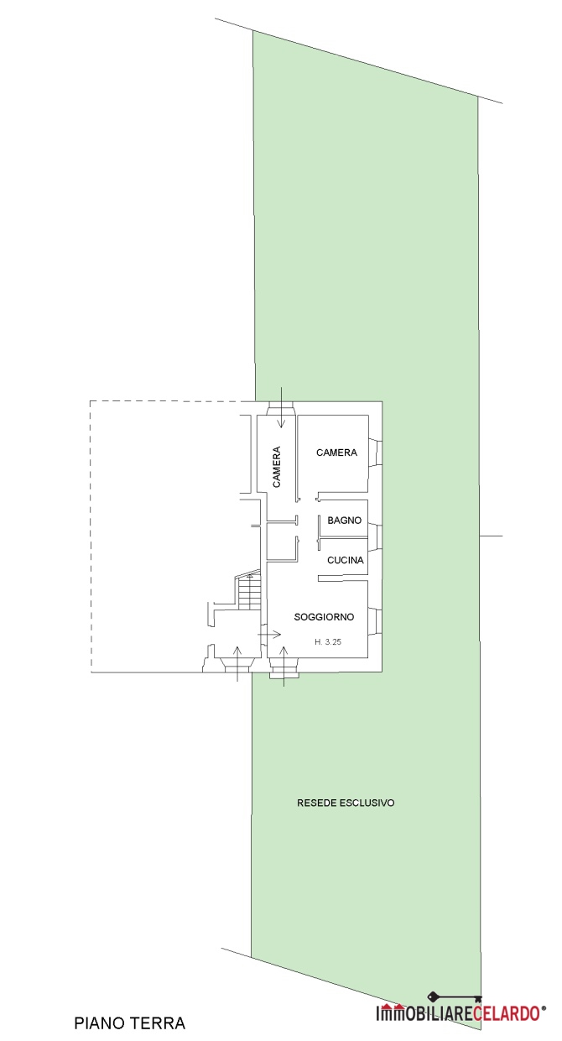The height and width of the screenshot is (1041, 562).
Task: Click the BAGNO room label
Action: (344, 520)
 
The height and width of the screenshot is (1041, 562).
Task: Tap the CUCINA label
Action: (345, 560)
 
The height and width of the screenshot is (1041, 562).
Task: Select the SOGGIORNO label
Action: (324, 617)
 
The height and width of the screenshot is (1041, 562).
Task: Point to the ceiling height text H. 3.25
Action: (328, 641)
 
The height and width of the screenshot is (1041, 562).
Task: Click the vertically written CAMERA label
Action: (276, 467)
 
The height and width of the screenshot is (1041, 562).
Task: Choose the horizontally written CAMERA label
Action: (336, 452)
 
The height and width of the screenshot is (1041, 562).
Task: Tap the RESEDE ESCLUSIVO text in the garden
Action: (346, 803)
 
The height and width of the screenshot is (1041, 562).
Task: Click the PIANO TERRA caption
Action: (129, 1023)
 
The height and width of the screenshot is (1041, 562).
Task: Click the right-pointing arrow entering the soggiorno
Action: (269, 634)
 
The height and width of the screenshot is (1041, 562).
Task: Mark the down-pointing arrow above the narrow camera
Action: (280, 406)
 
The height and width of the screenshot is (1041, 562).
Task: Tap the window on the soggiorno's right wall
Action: (375, 621)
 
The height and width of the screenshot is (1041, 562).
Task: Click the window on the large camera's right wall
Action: (375, 452)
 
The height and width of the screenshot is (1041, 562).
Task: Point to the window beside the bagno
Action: (375, 537)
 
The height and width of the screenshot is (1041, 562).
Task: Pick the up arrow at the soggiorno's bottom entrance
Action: (284, 666)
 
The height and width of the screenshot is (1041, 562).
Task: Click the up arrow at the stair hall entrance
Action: (237, 663)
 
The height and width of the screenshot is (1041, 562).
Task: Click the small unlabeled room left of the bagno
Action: (282, 541)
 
